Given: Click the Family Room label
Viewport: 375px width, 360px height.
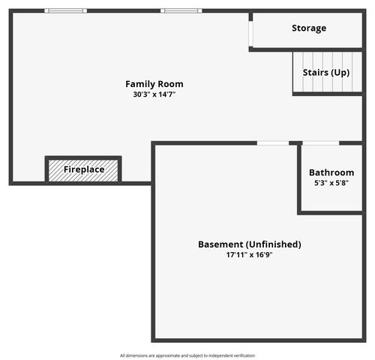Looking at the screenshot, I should point(154,84).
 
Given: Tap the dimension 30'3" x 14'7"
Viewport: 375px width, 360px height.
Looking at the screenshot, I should point(154,94).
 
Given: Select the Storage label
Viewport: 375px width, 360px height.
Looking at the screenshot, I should point(309,28).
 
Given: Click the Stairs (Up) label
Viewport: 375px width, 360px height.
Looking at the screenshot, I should point(325,73).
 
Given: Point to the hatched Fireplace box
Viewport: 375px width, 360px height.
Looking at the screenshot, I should point(83,169).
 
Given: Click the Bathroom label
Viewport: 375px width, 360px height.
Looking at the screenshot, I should point(331,172).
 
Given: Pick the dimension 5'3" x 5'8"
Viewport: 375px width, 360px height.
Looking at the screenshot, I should point(331,183).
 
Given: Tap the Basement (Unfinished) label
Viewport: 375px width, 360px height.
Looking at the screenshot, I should point(249,244).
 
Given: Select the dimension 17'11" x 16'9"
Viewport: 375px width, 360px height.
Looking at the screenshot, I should point(249,255).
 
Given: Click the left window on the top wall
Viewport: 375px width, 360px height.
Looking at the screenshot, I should point(65,11).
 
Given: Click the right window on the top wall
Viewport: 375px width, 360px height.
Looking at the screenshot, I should point(181,11).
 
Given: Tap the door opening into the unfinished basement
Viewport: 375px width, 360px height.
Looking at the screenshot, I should point(273,142).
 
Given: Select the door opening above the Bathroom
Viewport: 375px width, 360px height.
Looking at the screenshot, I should point(320,142).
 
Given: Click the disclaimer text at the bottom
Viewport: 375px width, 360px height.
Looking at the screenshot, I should point(187,355).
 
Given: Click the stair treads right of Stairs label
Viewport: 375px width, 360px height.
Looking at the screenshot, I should point(356,73).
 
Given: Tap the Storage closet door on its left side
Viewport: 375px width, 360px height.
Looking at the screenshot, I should point(250,31).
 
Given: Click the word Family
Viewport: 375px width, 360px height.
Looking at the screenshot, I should point(139,84).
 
